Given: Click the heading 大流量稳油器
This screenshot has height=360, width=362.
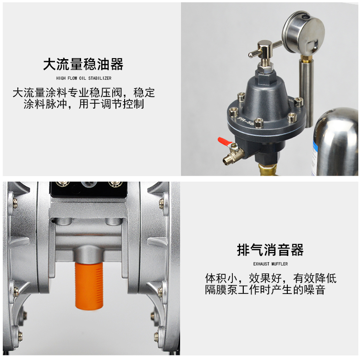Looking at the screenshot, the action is pos(83,64).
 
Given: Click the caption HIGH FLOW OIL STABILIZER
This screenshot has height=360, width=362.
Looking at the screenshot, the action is pos(83,78).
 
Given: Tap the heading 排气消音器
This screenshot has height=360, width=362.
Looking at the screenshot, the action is pos(270,250).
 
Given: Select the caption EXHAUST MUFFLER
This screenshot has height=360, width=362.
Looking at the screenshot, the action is pos(270,264).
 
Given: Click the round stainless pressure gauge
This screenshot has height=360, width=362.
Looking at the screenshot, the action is pos(303,32).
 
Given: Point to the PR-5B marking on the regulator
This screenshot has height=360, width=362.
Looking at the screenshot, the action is pos(246,121).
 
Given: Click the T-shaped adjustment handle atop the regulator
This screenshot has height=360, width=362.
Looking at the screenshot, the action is pos(265,49).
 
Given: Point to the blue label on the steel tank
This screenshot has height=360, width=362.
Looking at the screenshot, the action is pos(315,157).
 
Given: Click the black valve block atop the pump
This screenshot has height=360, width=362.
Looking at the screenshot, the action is pos(88,189).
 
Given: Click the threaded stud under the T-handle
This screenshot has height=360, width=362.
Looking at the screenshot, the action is pos(265,62).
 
